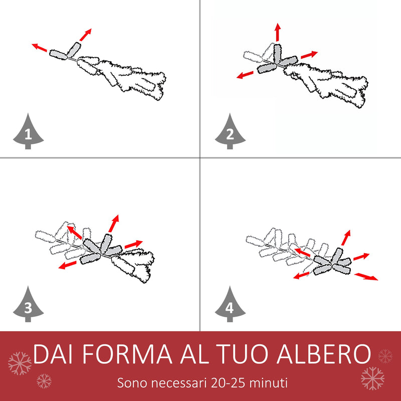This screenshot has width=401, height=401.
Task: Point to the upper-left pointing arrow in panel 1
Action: [40, 48]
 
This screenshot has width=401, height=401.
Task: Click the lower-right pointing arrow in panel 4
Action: [366, 276]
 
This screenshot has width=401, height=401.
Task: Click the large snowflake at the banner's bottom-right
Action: [372, 378]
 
